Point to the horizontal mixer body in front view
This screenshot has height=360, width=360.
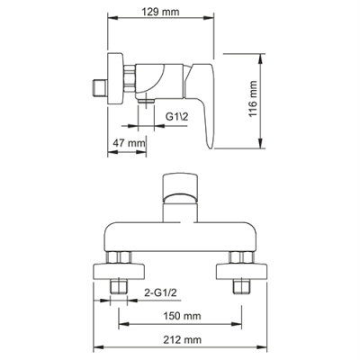pos(179,230)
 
